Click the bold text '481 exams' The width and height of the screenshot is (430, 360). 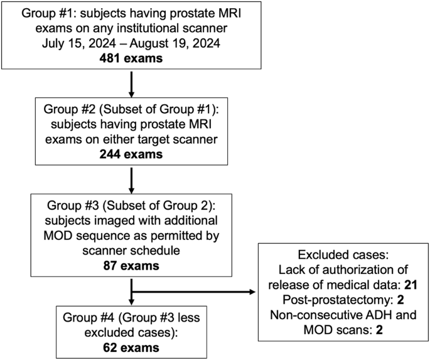pyautogui.click(x=132, y=60)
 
